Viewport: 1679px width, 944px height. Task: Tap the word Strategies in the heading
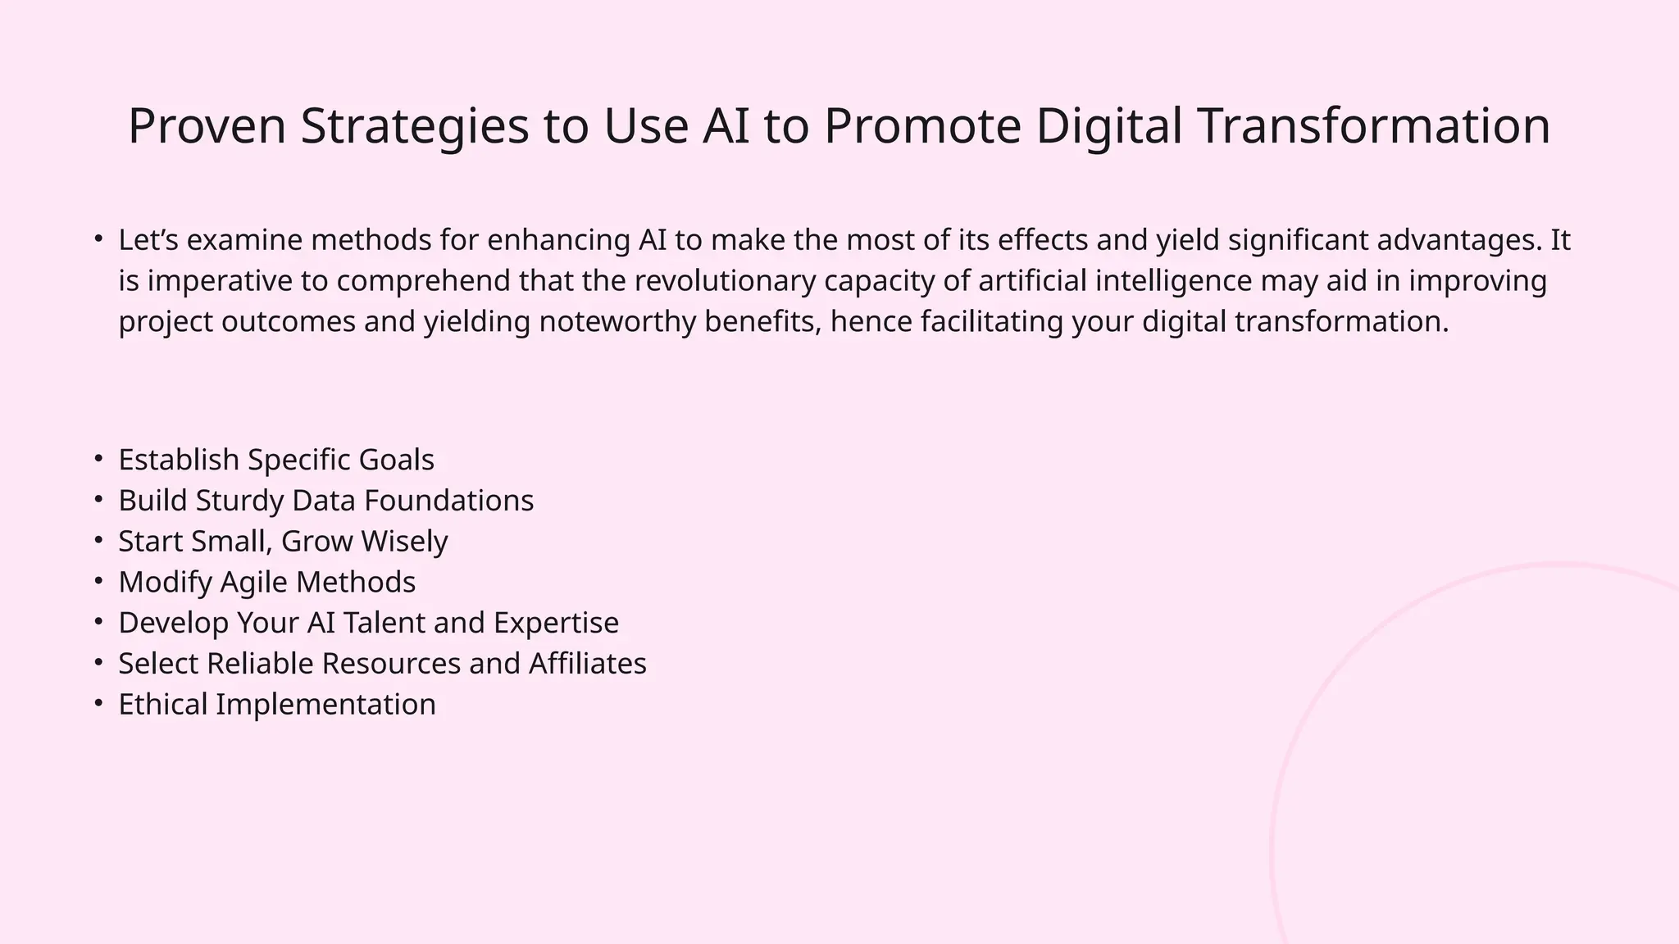pyautogui.click(x=414, y=126)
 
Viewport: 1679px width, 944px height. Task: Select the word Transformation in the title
pyautogui.click(x=1374, y=126)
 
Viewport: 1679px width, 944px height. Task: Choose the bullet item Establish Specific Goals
pyautogui.click(x=276, y=460)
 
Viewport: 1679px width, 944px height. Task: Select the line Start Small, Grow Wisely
pyautogui.click(x=283, y=542)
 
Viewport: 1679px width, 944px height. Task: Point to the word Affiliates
pyautogui.click(x=587, y=664)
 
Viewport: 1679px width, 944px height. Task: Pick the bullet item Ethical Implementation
pyautogui.click(x=277, y=705)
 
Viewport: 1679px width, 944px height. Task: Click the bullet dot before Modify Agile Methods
pyautogui.click(x=98, y=581)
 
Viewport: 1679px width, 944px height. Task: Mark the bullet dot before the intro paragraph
pyautogui.click(x=98, y=239)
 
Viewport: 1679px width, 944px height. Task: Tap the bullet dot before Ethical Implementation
pyautogui.click(x=98, y=703)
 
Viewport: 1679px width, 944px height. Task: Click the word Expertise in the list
pyautogui.click(x=556, y=623)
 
